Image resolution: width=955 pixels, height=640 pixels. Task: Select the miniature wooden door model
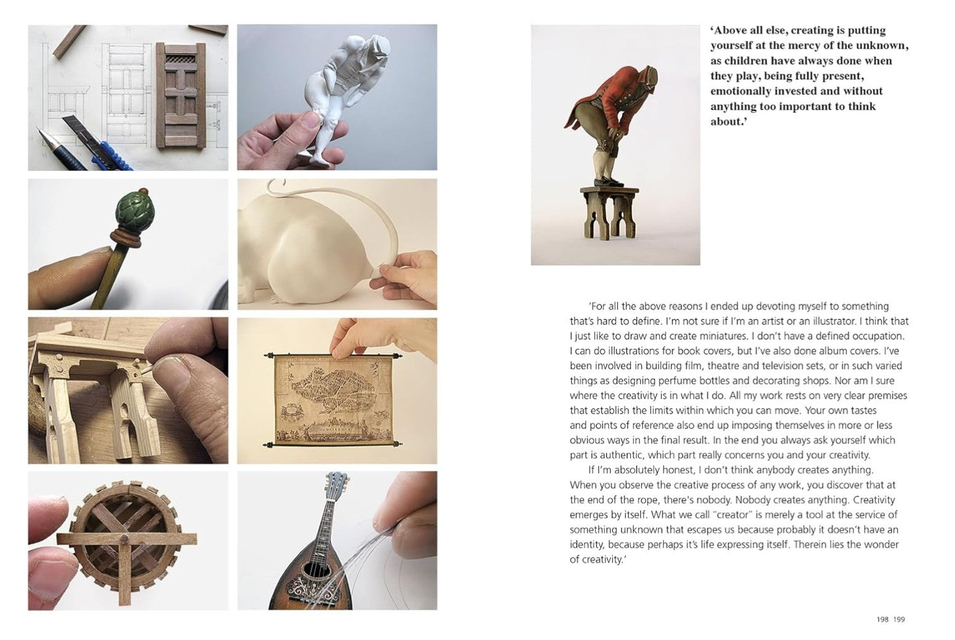182,94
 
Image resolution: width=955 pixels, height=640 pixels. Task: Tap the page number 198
883,620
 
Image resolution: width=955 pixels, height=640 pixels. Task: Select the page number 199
899,620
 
